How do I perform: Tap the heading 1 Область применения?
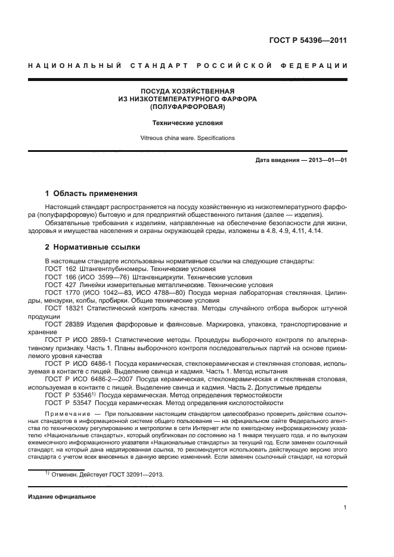point(92,194)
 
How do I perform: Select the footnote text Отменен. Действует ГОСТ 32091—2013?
point(107,475)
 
